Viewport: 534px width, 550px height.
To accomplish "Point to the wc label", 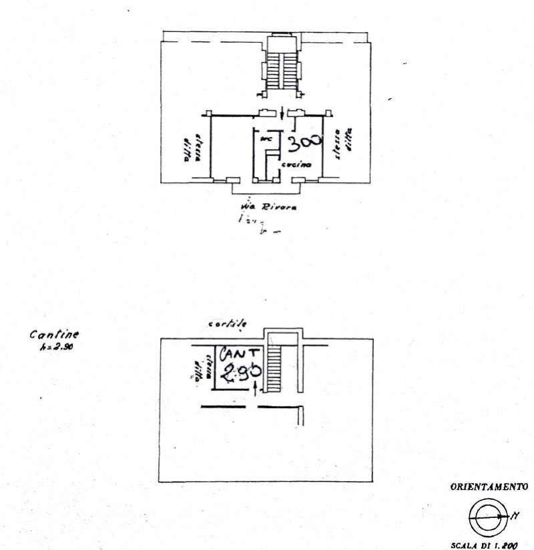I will (265, 139).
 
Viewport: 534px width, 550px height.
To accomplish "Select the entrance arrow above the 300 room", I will (284, 112).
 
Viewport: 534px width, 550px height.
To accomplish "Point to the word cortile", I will (227, 323).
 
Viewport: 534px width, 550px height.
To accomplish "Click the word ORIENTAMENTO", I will (489, 487).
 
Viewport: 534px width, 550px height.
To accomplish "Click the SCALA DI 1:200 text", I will (484, 545).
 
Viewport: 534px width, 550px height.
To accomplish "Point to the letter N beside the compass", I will (515, 515).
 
